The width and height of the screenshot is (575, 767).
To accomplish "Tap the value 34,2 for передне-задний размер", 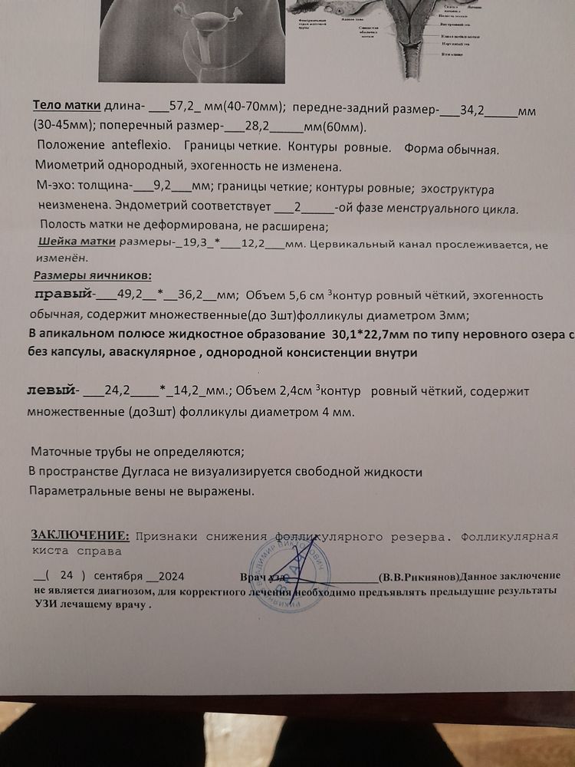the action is pyautogui.click(x=473, y=110).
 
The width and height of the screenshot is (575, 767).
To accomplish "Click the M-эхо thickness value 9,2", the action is pyautogui.click(x=162, y=186).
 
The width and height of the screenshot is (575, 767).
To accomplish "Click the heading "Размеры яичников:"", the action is pyautogui.click(x=93, y=275).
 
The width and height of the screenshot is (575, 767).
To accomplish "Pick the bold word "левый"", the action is pyautogui.click(x=52, y=390).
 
